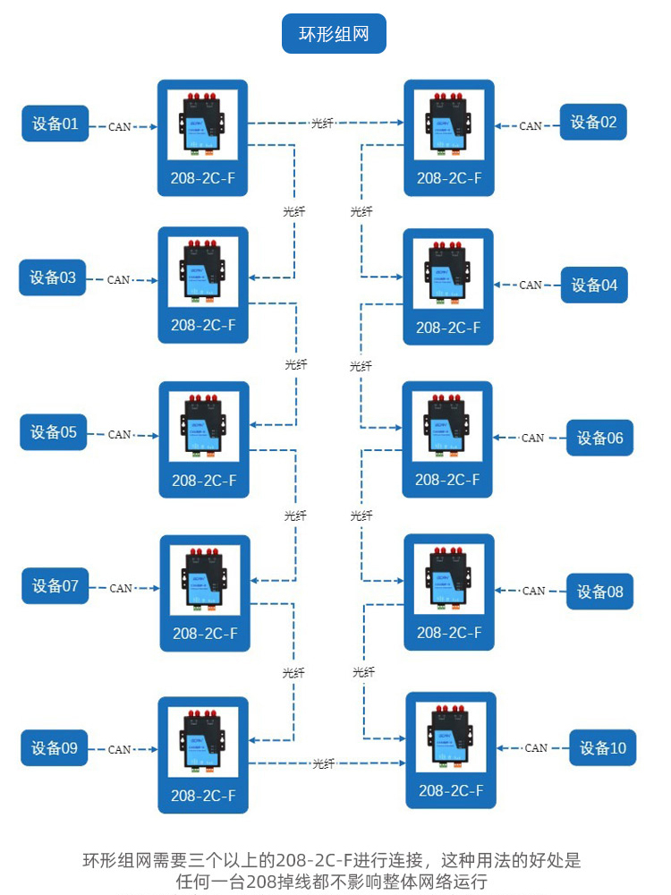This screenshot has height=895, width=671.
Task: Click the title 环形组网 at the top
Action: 334,35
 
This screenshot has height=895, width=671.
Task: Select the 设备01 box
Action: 55,124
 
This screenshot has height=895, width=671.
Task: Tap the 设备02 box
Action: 593,123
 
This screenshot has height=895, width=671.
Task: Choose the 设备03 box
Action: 53,277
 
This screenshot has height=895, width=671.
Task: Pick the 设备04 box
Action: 594,286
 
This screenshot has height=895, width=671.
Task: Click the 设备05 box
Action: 54,432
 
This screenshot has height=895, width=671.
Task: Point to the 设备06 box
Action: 599,439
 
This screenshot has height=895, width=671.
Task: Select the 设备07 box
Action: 55,586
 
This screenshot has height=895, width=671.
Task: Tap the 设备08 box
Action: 599,592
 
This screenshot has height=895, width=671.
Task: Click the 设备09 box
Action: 55,748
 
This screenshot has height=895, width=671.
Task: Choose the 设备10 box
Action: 603,747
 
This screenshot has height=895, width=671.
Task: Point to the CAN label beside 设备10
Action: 536,748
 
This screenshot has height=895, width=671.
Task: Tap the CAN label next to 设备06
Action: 532,439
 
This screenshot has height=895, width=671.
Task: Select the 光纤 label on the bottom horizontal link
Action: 323,764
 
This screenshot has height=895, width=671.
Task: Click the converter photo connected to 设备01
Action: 203,121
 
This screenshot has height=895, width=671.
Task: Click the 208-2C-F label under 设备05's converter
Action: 203,480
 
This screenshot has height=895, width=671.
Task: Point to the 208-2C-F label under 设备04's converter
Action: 448,328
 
